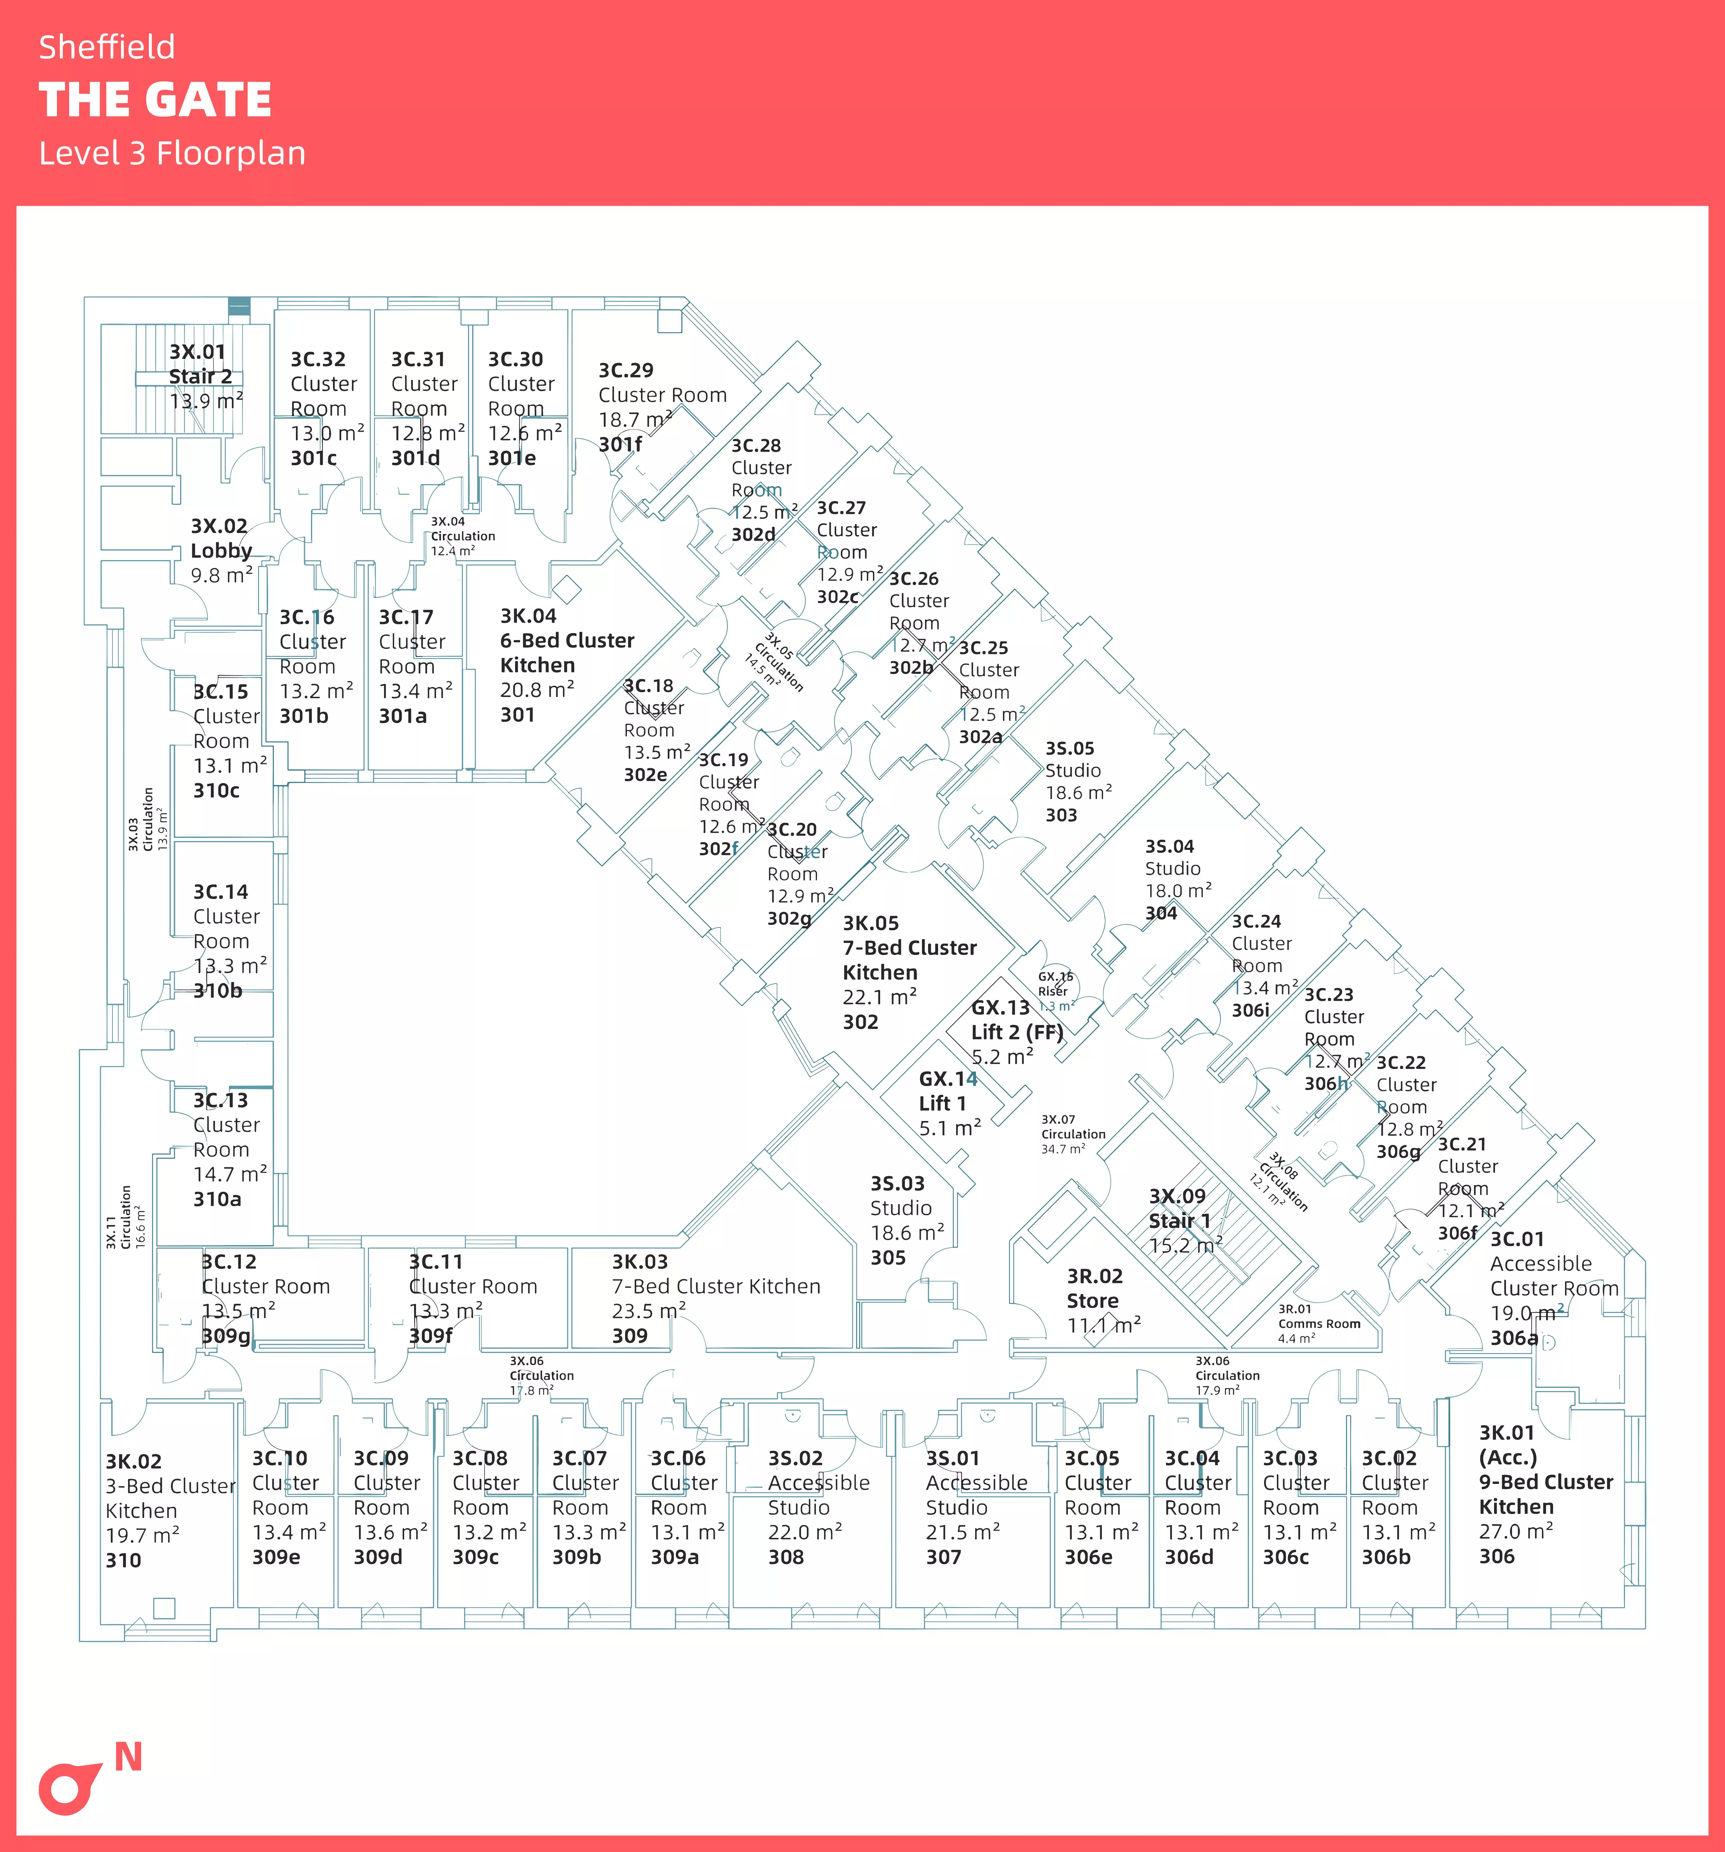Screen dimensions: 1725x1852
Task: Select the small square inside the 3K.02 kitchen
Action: [164, 1607]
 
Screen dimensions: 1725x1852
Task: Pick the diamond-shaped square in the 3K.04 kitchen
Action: [567, 589]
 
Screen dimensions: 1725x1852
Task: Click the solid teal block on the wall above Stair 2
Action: [239, 307]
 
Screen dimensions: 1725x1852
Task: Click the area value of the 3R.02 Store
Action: [1104, 1325]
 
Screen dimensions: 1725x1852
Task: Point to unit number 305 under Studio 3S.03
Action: [888, 1258]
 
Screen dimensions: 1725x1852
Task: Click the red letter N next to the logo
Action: [129, 1757]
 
